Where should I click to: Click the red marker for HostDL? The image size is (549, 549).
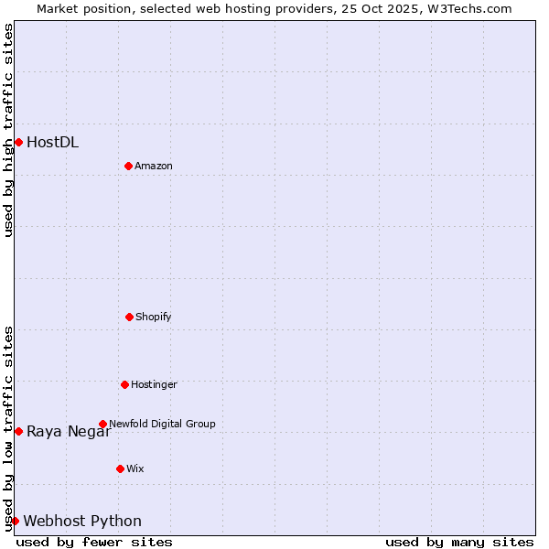point(18,142)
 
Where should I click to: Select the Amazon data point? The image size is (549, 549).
point(128,166)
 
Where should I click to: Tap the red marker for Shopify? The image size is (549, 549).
point(129,317)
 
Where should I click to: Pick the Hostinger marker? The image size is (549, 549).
point(124,384)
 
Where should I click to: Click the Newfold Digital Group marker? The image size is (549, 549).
point(102,424)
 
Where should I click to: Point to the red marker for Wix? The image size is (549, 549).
point(120,468)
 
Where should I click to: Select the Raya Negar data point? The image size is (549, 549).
point(18,431)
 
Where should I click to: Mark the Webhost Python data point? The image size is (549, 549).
point(15,521)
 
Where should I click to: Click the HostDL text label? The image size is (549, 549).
point(52,142)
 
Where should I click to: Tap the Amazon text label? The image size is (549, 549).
point(154,166)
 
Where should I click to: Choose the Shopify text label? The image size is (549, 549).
point(154,317)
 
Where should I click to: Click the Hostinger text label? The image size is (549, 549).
point(154,384)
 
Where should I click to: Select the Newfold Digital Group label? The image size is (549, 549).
point(162,424)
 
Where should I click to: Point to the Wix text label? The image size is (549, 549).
point(135,468)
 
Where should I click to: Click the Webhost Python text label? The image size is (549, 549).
point(82,521)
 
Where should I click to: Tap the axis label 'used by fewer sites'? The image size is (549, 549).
point(94,542)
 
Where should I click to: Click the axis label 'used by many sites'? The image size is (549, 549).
point(459,542)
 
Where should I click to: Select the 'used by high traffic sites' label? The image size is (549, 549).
point(8,130)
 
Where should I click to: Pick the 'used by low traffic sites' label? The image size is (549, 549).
point(8,428)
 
